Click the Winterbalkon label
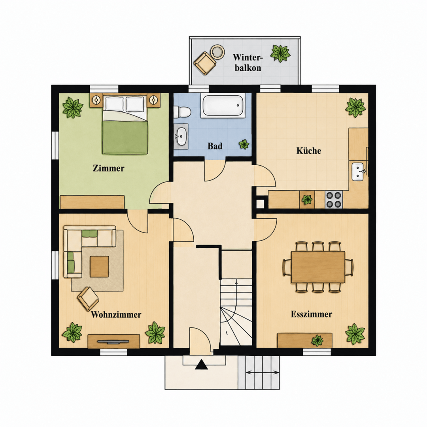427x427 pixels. [248, 62]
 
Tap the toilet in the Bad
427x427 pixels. [182, 111]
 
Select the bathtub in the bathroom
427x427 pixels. [223, 106]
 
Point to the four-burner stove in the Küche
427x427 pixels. [334, 200]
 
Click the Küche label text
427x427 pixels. [308, 150]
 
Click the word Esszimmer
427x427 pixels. [311, 314]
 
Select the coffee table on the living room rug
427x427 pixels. [99, 266]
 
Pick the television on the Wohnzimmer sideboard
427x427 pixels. [113, 341]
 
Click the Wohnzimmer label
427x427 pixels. [116, 315]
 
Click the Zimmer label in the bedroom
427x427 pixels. [108, 168]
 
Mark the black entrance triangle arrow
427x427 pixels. [202, 365]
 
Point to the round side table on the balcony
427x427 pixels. [217, 51]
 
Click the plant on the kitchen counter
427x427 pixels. [307, 200]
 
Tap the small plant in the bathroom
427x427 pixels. [244, 144]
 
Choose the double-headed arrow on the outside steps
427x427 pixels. [263, 372]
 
